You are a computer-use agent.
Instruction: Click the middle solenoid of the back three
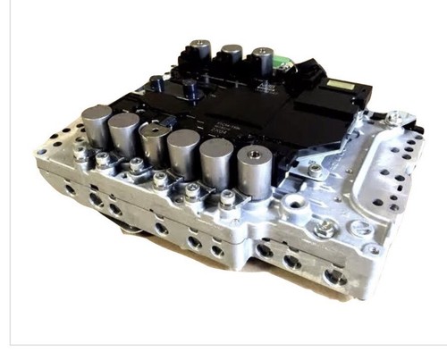coord(232,54)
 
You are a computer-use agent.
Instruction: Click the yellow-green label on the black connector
coord(342,86)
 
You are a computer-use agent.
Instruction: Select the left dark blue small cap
coord(157,83)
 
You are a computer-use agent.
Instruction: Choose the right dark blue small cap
coord(190,89)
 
